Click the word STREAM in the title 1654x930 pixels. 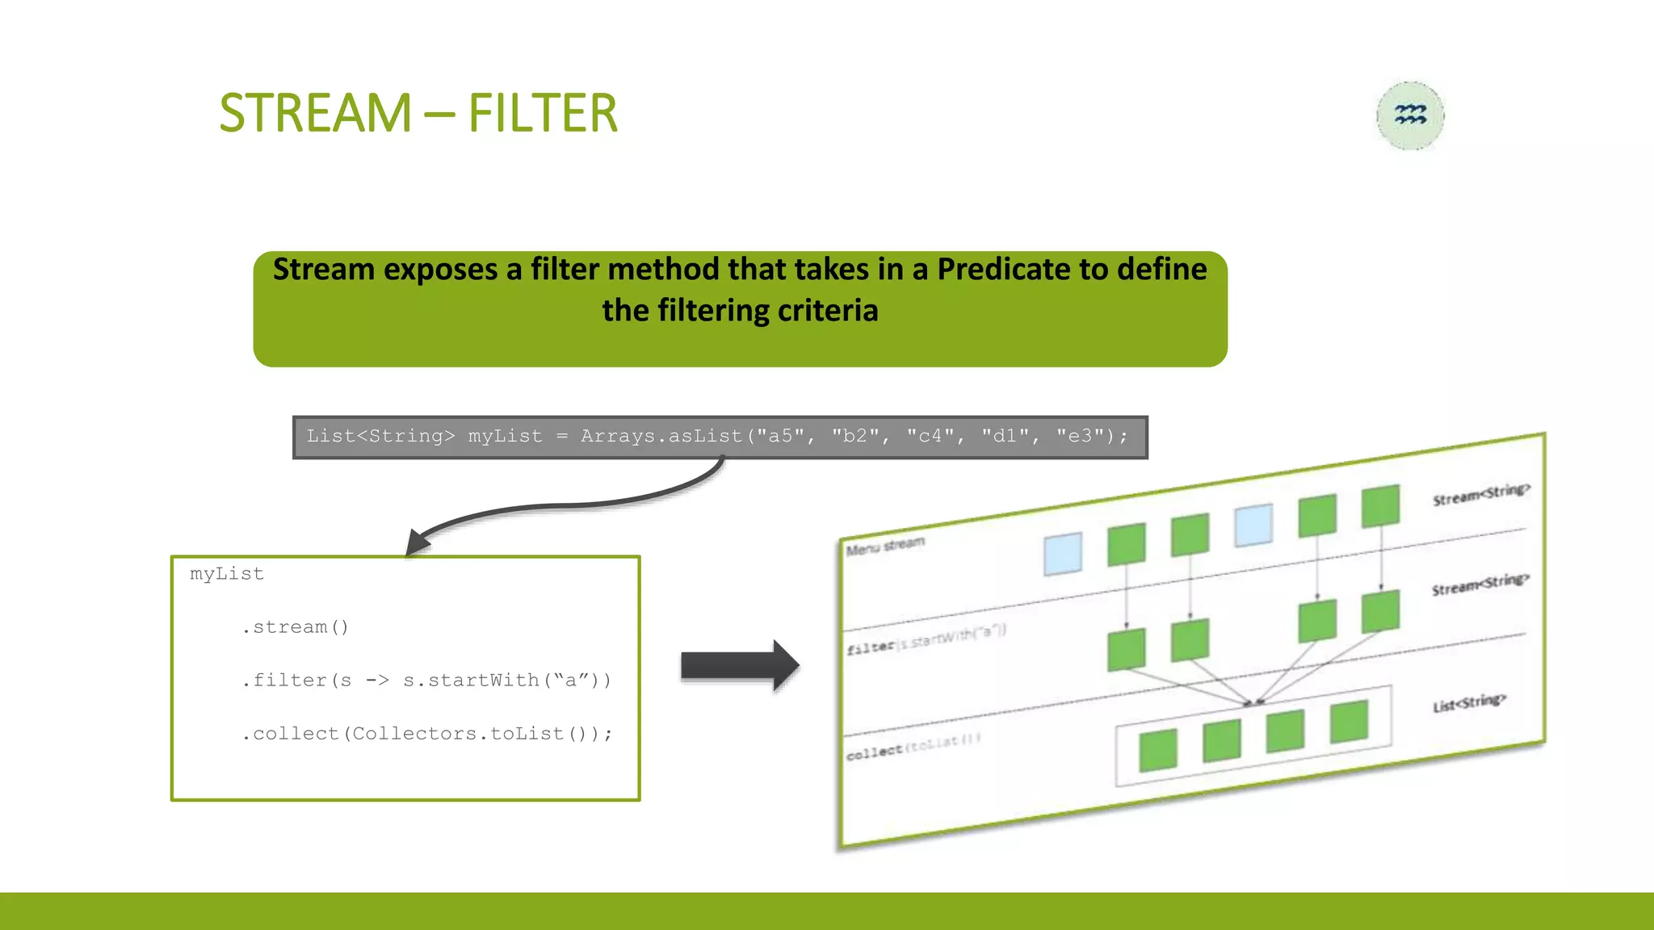tap(315, 113)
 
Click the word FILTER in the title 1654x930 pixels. tap(542, 113)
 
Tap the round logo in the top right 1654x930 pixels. tap(1410, 115)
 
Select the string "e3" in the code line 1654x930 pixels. tap(1080, 437)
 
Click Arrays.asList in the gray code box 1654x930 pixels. tap(661, 437)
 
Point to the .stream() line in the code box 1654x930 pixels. tap(295, 627)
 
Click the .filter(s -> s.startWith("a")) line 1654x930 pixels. tap(426, 681)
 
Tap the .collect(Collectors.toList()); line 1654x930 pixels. tap(426, 734)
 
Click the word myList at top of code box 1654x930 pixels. tap(227, 574)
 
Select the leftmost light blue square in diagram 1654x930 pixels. tap(1062, 554)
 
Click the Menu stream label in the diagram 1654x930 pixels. tap(885, 547)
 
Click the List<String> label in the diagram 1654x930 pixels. tap(1469, 702)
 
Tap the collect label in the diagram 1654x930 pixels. tap(874, 752)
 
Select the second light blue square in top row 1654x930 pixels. tap(1253, 526)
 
